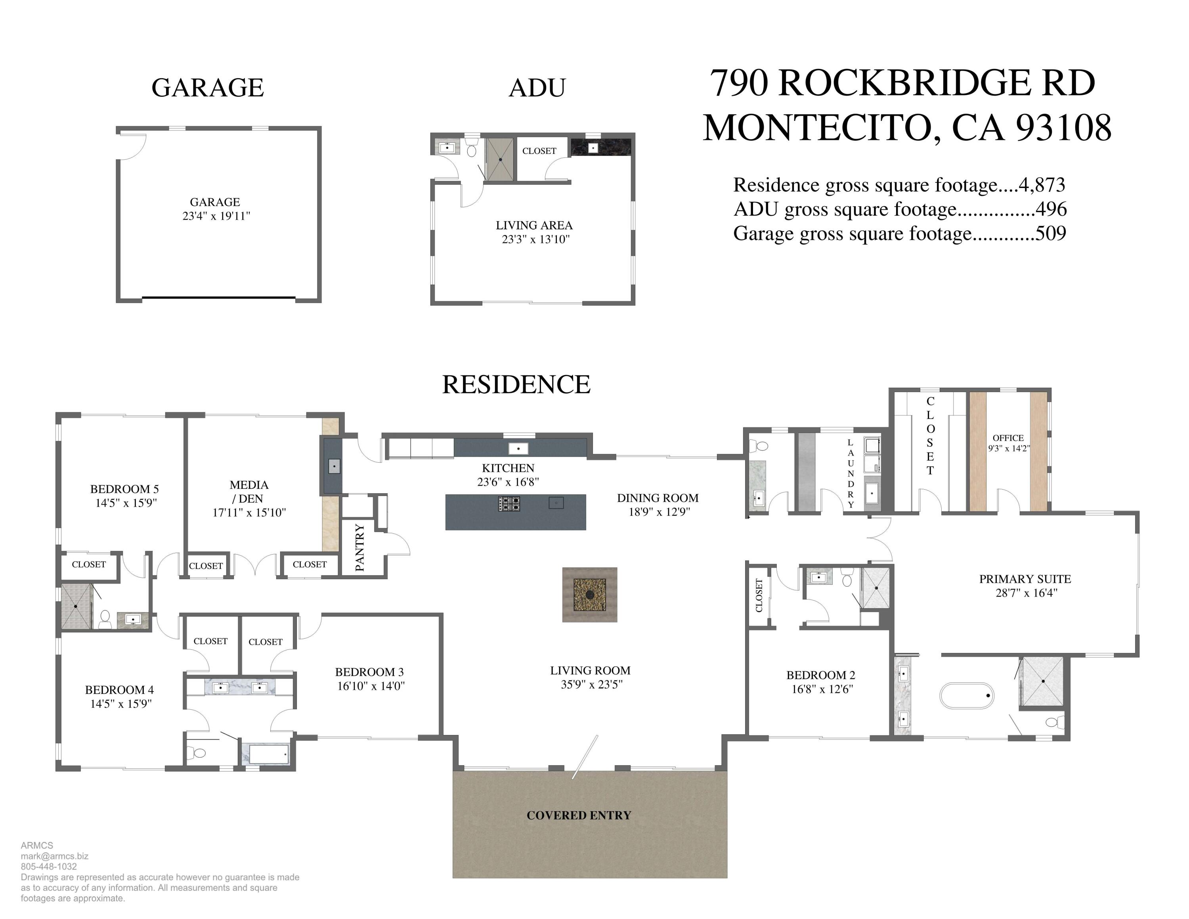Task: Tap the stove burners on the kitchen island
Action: click(509, 504)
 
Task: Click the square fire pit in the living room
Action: click(590, 595)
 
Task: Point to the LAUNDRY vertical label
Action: click(851, 474)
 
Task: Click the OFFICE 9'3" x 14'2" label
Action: click(1008, 443)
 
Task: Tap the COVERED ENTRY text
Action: click(579, 815)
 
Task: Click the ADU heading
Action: click(537, 88)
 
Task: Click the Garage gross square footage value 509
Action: click(1051, 233)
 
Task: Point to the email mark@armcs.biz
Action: click(54, 856)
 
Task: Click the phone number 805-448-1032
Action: click(49, 866)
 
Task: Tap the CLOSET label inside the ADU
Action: click(539, 151)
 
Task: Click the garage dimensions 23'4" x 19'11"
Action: click(216, 216)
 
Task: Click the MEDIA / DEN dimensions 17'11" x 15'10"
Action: click(249, 512)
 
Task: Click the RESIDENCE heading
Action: click(516, 385)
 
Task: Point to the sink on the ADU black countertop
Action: click(593, 147)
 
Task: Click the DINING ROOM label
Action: click(658, 498)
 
